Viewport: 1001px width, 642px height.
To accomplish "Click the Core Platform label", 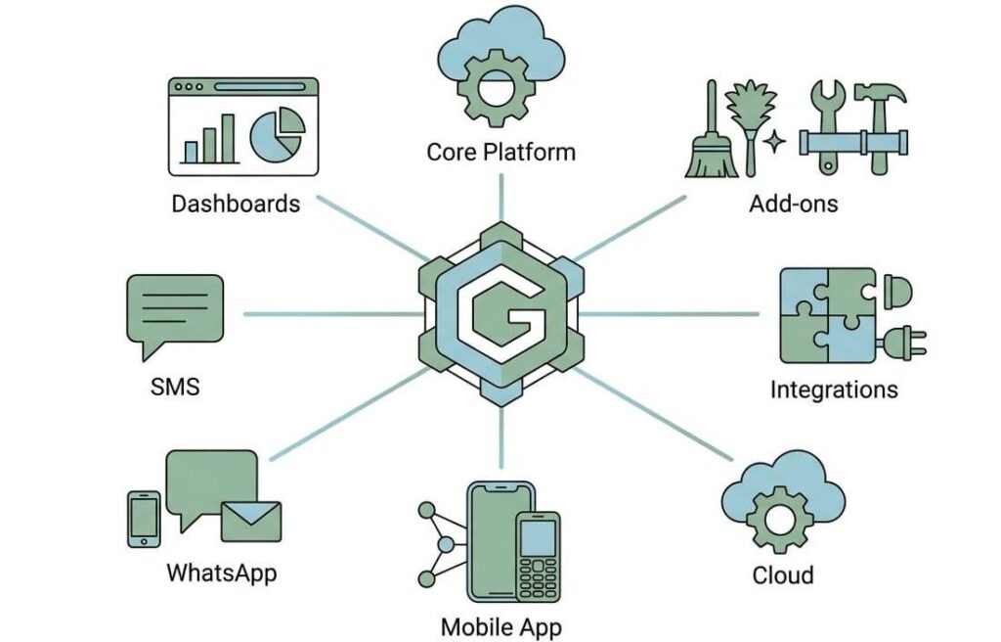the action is (500, 153).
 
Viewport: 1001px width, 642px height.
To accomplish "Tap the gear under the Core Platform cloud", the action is (496, 84).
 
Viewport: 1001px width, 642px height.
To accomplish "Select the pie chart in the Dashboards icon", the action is (278, 135).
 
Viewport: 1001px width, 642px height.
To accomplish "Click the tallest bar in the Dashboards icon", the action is (227, 139).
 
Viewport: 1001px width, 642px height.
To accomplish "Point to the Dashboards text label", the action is (236, 204).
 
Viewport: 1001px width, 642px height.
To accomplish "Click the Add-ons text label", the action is (793, 204).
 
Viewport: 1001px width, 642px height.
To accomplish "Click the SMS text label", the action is (175, 387).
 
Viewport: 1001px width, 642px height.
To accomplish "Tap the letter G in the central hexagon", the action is (501, 314).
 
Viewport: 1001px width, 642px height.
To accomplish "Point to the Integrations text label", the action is (834, 390).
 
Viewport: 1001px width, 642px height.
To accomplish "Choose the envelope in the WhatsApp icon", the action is (251, 522).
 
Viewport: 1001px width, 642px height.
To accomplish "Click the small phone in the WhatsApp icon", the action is (145, 520).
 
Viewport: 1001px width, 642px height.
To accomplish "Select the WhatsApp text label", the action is (222, 572).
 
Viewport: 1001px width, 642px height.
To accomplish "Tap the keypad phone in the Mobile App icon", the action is (538, 556).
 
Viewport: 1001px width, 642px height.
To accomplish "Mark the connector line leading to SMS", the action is (332, 314).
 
